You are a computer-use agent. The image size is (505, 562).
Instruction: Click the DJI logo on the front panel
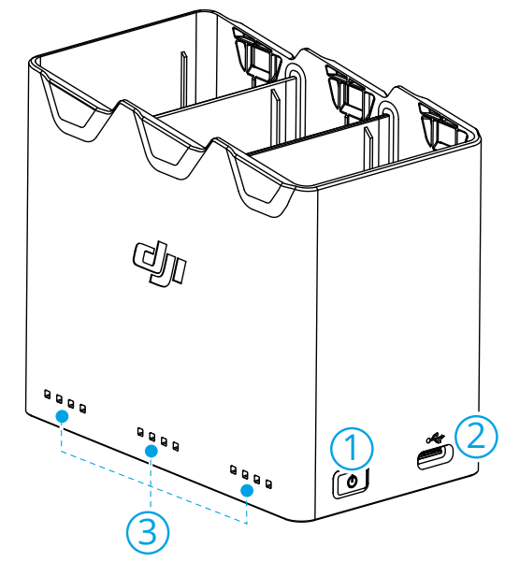tap(160, 263)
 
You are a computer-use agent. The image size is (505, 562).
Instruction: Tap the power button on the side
tap(351, 483)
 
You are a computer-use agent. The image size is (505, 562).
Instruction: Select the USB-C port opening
tap(435, 456)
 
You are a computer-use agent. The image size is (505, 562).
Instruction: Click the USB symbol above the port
tap(435, 438)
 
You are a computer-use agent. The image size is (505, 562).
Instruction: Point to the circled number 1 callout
tap(352, 448)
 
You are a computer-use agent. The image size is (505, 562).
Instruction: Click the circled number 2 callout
tap(476, 436)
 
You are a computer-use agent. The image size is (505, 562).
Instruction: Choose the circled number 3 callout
tap(148, 533)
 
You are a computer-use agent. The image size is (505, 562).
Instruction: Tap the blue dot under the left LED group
tap(62, 416)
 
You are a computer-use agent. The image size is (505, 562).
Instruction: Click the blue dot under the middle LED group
tap(151, 451)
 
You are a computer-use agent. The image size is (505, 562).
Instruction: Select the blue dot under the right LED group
tap(247, 490)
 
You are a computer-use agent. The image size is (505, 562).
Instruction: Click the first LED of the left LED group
tap(48, 394)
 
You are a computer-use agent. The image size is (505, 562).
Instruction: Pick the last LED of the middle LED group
tap(176, 446)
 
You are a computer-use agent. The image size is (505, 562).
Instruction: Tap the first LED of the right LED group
tap(233, 469)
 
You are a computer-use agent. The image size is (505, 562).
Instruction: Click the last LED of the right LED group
tap(268, 484)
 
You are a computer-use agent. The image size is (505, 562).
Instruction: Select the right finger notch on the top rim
tap(260, 182)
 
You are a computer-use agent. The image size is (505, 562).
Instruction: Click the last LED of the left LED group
tap(83, 409)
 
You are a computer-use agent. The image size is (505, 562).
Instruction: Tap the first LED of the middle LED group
tap(140, 431)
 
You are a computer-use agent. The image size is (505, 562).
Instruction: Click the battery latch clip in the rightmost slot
tap(439, 125)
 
